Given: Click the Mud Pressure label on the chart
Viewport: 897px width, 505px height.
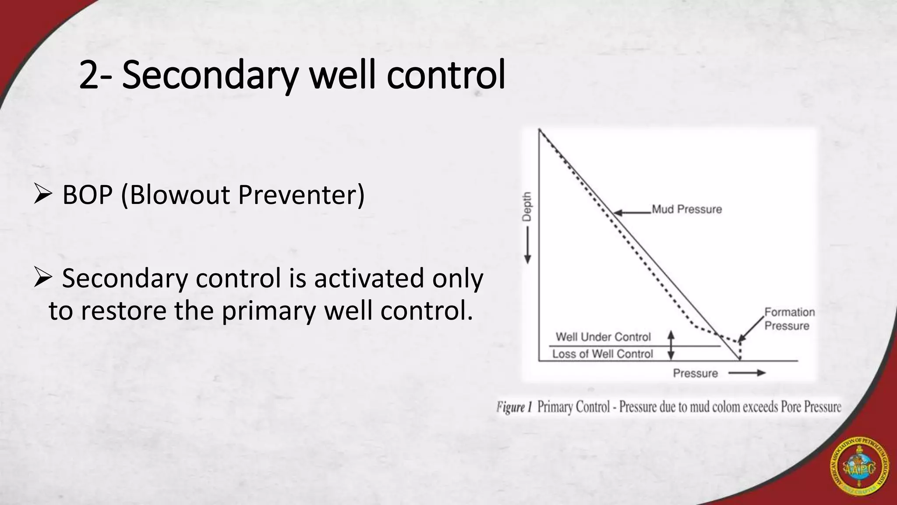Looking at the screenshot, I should (x=686, y=209).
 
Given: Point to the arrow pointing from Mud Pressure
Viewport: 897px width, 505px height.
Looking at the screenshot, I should (x=632, y=213).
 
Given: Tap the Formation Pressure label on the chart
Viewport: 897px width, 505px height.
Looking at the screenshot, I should (x=789, y=319).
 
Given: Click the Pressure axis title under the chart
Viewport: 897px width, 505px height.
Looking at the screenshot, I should (x=695, y=373).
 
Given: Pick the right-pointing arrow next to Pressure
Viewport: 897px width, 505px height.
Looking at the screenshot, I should (x=747, y=373).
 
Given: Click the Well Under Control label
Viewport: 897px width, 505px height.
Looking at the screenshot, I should (x=603, y=337).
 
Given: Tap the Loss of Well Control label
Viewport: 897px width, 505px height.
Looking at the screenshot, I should (x=602, y=354).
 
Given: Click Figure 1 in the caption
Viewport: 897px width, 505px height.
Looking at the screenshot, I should (x=513, y=407).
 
